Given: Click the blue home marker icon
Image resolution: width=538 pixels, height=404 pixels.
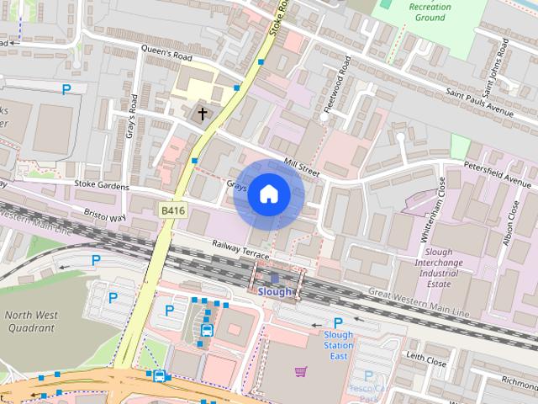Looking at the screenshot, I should [268, 194].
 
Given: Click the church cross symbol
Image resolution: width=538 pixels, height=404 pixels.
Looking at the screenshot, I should [202, 113].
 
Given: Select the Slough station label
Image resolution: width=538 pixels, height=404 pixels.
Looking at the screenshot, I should [274, 292].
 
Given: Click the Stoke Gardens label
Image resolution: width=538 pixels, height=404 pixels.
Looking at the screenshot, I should [102, 185].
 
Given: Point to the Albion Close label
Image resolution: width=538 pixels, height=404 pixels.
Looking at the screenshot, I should [511, 219].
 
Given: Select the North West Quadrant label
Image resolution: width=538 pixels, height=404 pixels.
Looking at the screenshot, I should [30, 322].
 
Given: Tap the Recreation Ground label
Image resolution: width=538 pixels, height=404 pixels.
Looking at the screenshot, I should [429, 12].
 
